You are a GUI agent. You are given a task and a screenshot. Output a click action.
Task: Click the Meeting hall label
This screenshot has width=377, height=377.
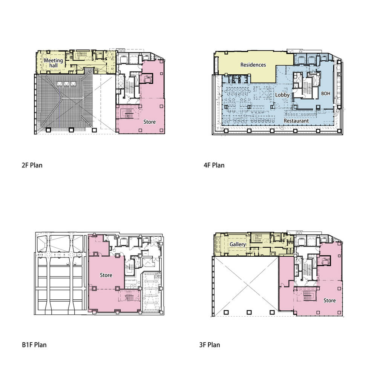click(x=54, y=63)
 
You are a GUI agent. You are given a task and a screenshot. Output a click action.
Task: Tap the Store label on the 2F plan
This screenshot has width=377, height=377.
click(x=150, y=122)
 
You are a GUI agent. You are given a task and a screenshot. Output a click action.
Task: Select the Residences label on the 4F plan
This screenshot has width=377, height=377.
click(x=253, y=65)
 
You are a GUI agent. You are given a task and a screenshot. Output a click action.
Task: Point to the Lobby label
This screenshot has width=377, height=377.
click(x=282, y=95)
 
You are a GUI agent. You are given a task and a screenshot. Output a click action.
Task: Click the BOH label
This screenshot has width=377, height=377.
click(x=326, y=93)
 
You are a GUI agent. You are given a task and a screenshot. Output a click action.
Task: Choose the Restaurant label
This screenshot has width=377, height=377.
click(x=296, y=121)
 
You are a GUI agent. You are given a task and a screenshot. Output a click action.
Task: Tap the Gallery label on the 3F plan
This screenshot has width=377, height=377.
click(x=238, y=245)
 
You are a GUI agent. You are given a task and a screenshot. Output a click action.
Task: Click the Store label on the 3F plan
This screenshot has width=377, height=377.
click(x=329, y=300)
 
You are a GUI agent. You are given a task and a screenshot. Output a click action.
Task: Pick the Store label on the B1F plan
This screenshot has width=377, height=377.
click(x=106, y=275)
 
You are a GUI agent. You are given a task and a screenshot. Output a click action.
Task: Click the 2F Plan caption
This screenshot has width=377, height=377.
click(x=32, y=165)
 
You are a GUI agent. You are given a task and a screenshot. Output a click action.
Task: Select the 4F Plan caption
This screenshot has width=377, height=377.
click(x=214, y=165)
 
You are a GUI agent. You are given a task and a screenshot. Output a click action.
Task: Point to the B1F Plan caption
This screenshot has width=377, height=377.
click(x=34, y=345)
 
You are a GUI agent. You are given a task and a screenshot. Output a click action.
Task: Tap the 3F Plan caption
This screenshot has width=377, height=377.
click(x=210, y=345)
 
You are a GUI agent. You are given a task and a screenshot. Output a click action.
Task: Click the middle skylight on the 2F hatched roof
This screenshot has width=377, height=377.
click(x=66, y=84)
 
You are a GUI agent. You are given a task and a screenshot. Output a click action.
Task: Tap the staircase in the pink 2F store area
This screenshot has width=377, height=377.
click(x=129, y=114)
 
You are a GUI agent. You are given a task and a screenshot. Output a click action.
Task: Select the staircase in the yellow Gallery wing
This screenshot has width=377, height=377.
click(x=258, y=238)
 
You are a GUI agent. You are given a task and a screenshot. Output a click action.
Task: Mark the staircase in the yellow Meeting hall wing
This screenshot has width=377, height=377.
click(x=82, y=55)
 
